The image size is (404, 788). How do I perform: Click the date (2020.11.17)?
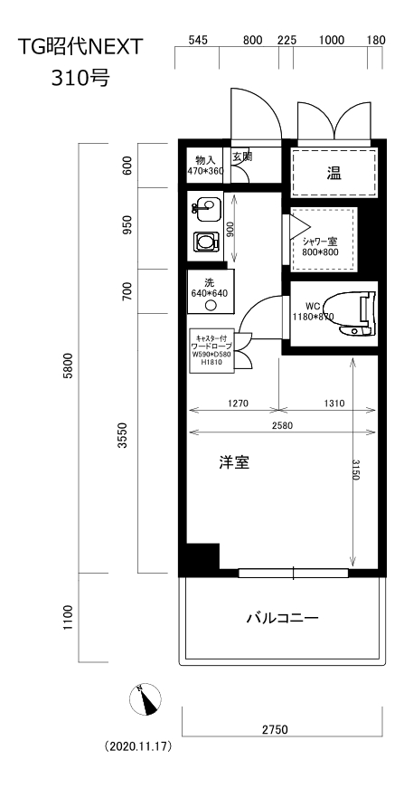click(138, 748)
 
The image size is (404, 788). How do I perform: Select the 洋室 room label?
click(234, 462)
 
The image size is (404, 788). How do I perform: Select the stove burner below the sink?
click(205, 242)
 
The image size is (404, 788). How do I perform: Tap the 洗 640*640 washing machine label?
click(209, 288)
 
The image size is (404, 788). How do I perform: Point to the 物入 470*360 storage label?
click(206, 165)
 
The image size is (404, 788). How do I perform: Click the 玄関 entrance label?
click(242, 157)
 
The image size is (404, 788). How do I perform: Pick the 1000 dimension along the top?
click(333, 41)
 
